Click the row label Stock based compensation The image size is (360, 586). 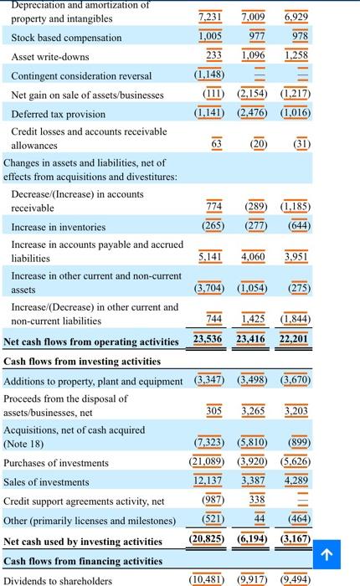66,38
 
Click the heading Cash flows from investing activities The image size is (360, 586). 82,362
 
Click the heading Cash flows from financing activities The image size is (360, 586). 82,561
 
